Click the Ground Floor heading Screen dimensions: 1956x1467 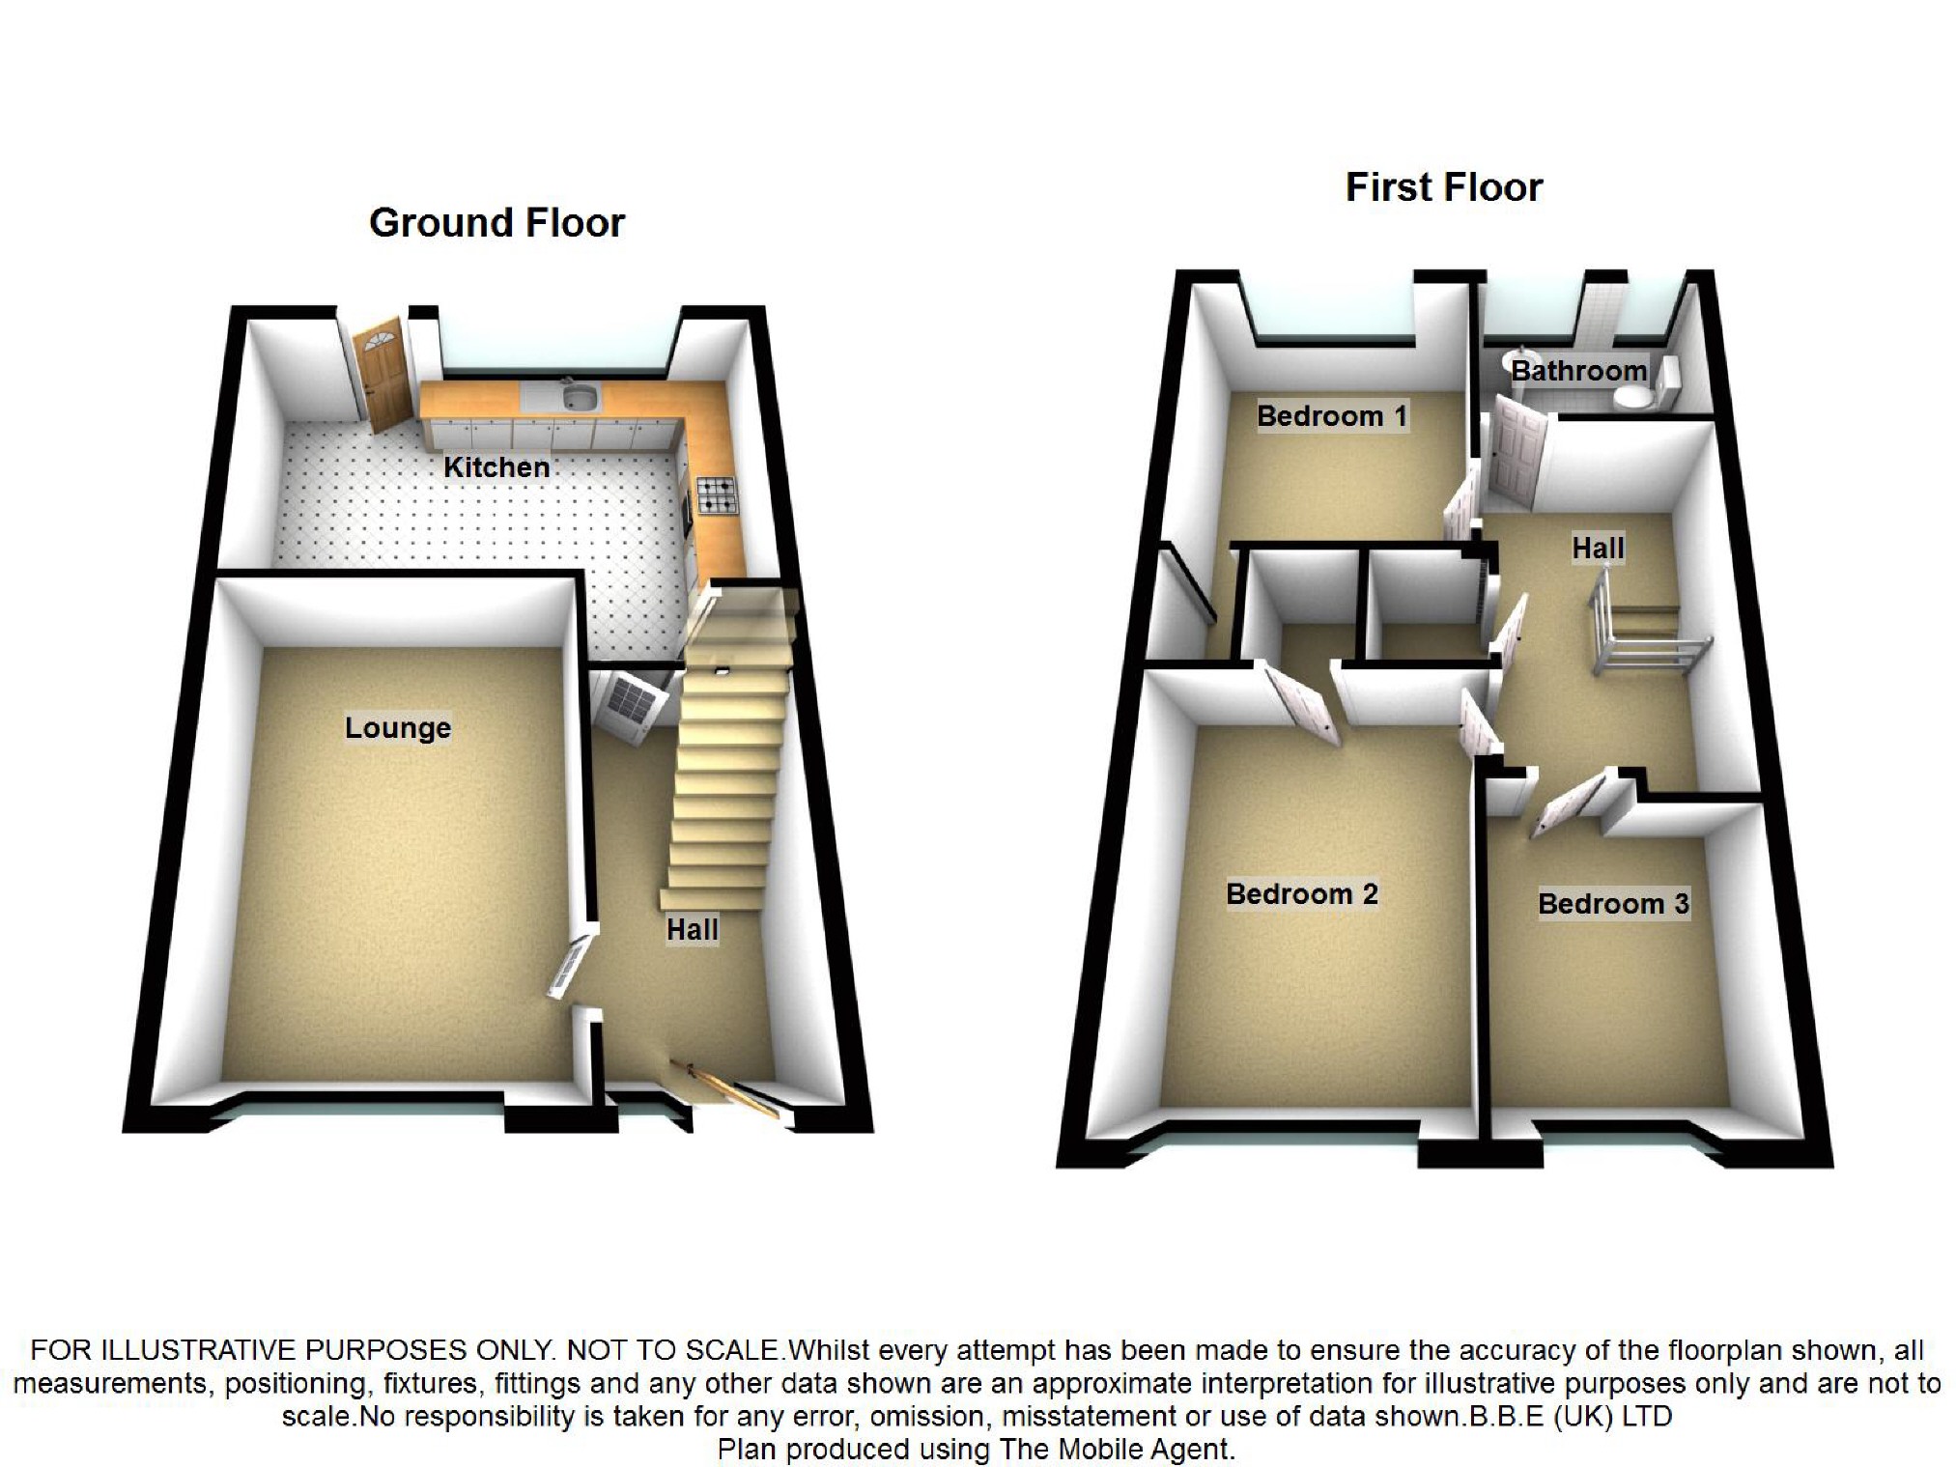496,223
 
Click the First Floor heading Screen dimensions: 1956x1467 1444,187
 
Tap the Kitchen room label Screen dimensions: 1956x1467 496,467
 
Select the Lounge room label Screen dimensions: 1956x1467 398,727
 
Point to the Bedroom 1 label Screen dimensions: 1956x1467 1331,416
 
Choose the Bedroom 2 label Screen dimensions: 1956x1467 1301,894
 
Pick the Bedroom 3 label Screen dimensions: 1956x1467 1613,904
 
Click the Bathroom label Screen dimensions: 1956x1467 1578,371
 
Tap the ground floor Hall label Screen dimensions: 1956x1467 693,930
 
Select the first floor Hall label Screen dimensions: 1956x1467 1598,549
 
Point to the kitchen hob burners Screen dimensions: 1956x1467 716,494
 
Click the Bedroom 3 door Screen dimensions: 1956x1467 1568,802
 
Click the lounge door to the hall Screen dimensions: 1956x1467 572,963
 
